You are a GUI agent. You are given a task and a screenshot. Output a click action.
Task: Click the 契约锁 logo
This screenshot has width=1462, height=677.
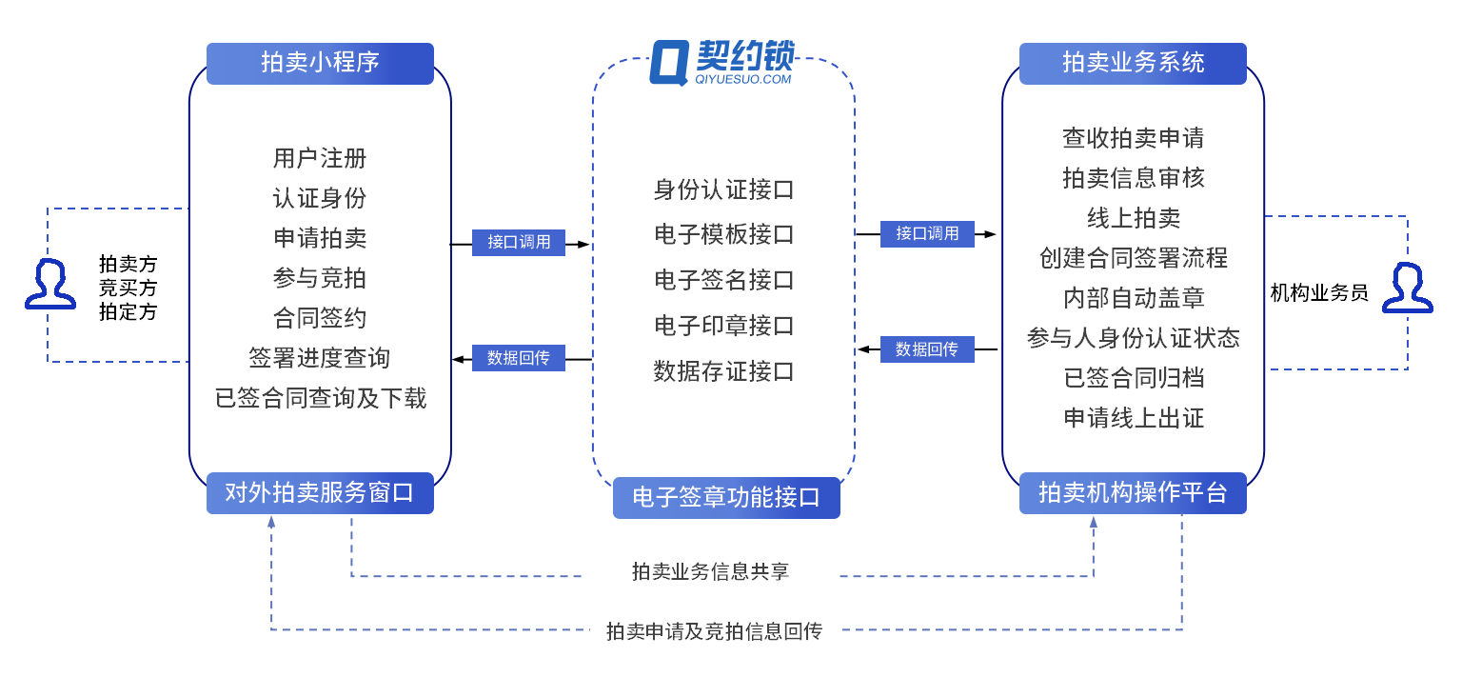[x=722, y=64]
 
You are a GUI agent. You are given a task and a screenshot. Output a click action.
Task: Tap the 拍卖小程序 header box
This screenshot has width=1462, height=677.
[x=320, y=63]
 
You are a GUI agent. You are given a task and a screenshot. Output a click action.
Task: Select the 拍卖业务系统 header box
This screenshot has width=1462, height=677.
[x=1133, y=63]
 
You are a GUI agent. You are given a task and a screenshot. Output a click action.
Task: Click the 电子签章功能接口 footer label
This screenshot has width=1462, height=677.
[x=726, y=498]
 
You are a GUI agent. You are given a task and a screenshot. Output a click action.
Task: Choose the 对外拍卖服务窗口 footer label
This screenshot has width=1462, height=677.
[x=320, y=493]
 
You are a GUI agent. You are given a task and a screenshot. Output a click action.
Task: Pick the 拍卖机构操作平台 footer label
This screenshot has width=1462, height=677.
[x=1133, y=493]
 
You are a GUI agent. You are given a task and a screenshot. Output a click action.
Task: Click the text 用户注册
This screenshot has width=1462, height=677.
[x=320, y=158]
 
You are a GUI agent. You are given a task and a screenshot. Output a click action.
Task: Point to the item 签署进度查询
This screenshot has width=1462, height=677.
[x=320, y=358]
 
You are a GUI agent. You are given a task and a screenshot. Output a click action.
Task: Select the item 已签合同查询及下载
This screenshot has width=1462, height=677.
[x=320, y=398]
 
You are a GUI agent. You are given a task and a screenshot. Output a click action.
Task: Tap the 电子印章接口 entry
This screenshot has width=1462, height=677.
[x=723, y=326]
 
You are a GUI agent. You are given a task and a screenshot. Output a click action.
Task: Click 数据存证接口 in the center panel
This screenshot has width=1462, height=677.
[x=723, y=371]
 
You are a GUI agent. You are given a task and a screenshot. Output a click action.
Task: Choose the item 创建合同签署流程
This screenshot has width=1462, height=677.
[x=1134, y=258]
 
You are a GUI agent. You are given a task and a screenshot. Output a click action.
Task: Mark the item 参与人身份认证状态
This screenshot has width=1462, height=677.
[x=1134, y=338]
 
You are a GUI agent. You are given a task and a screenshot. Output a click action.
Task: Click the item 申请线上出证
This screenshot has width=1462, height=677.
[x=1134, y=418]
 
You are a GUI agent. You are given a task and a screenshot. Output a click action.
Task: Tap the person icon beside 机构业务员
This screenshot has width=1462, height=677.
[x=1407, y=289]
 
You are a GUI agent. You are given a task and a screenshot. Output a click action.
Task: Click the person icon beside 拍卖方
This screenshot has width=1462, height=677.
[x=50, y=283]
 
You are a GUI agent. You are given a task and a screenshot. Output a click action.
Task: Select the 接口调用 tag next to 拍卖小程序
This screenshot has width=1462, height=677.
[x=519, y=242]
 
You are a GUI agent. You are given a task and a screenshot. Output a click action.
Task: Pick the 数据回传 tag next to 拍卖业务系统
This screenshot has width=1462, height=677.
[x=927, y=349]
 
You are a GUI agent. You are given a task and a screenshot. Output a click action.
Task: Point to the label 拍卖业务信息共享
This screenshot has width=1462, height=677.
[x=710, y=572]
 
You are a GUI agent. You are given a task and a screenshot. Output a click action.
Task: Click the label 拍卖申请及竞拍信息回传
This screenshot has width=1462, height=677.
[x=714, y=630]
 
